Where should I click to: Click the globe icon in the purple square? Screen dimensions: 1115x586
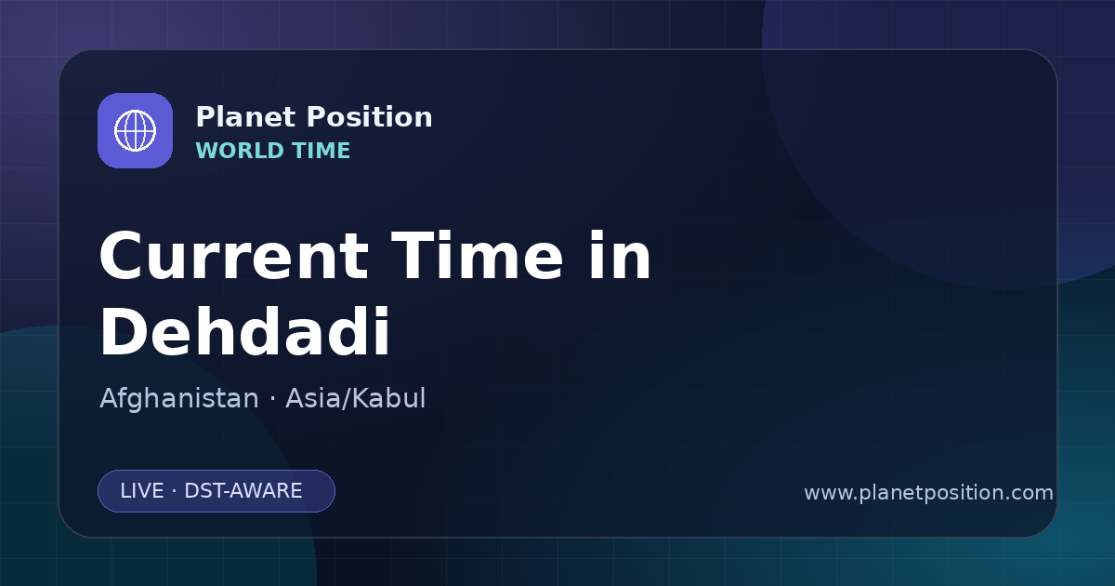point(135,130)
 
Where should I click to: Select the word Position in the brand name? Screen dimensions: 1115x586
point(370,117)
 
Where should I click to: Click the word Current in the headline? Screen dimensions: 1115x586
point(234,256)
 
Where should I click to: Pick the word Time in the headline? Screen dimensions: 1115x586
point(477,256)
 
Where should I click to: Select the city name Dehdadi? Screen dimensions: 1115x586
point(245,331)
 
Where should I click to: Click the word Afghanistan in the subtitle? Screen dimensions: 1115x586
point(179,398)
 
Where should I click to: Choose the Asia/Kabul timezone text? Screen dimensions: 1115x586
point(355,398)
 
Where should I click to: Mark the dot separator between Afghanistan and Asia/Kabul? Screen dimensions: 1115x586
point(272,399)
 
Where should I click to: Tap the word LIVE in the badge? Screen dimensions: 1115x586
point(142,491)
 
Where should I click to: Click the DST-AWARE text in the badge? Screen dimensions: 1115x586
point(243,491)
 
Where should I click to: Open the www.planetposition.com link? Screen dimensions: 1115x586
point(929,493)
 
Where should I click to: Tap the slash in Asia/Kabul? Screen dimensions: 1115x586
point(348,399)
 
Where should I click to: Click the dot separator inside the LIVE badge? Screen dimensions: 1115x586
point(174,491)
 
